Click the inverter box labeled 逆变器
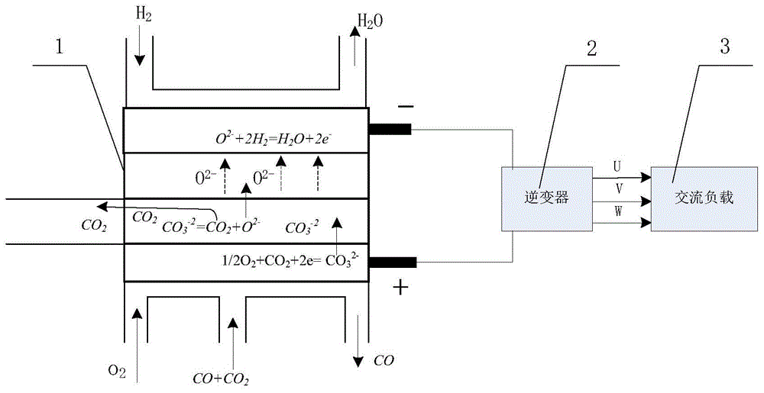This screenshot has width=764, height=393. (547, 198)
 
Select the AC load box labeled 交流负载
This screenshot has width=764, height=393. (704, 198)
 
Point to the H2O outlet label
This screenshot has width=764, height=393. (371, 21)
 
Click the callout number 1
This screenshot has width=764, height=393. (60, 48)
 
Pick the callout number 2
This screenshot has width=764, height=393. (591, 49)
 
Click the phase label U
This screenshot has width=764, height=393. (617, 167)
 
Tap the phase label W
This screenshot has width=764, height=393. (618, 211)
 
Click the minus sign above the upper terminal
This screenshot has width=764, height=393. (406, 107)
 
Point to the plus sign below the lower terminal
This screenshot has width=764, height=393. (400, 288)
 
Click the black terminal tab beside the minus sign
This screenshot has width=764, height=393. (390, 129)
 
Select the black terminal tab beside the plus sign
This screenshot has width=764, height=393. (392, 263)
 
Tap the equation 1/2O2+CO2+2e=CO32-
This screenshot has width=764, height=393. (290, 260)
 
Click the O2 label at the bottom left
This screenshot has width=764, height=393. (118, 372)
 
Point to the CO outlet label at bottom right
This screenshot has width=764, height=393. (384, 360)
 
